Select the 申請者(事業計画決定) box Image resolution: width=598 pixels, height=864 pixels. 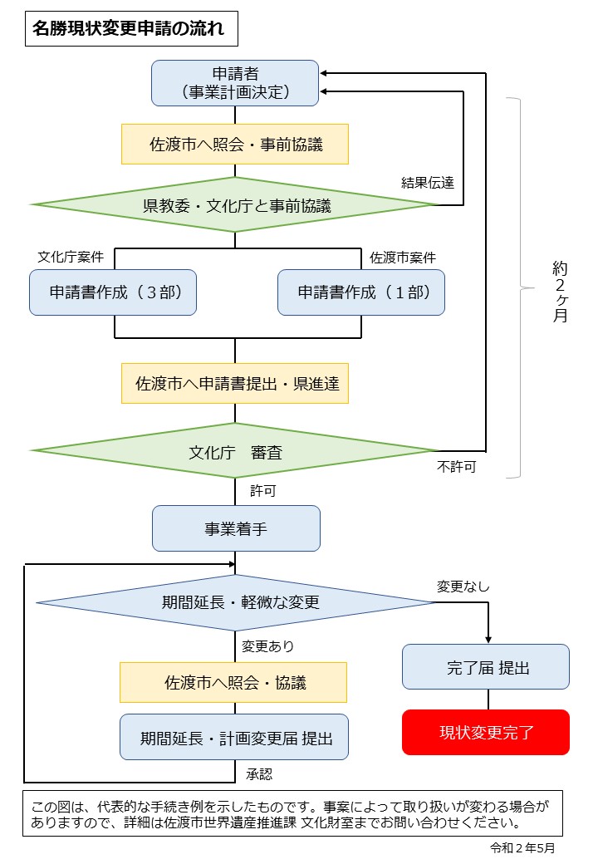pyautogui.click(x=235, y=82)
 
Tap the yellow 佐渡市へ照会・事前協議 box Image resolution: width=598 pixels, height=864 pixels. pyautogui.click(x=235, y=145)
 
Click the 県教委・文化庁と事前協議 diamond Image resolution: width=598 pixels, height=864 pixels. pyautogui.click(x=235, y=204)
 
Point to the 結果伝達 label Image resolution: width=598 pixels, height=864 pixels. pyautogui.click(x=428, y=183)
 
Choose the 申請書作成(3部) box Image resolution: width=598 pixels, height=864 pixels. pyautogui.click(x=113, y=292)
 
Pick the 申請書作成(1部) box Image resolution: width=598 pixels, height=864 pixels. pyautogui.click(x=361, y=292)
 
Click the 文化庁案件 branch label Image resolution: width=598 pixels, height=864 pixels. pyautogui.click(x=71, y=258)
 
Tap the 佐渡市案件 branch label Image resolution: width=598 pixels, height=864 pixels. pyautogui.click(x=403, y=258)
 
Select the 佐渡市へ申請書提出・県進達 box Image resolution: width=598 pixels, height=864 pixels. pyautogui.click(x=235, y=383)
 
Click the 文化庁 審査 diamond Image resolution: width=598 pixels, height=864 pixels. pyautogui.click(x=235, y=451)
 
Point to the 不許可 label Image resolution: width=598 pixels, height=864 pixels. pyautogui.click(x=457, y=467)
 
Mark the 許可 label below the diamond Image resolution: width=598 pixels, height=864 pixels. pyautogui.click(x=263, y=491)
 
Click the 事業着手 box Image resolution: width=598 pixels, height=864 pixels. pyautogui.click(x=236, y=528)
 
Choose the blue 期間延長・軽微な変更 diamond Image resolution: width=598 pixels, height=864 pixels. pyautogui.click(x=235, y=602)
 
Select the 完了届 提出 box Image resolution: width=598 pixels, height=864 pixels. pyautogui.click(x=486, y=666)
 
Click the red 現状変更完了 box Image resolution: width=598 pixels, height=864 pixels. pyautogui.click(x=486, y=732)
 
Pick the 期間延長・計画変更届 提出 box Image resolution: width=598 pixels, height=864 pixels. pyautogui.click(x=235, y=737)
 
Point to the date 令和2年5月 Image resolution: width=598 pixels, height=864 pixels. pyautogui.click(x=522, y=848)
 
